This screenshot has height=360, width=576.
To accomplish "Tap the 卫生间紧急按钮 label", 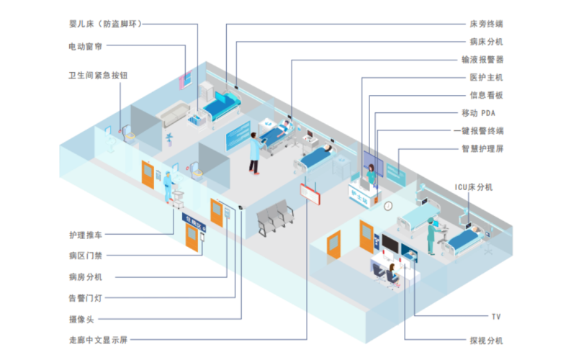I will [x=97, y=75].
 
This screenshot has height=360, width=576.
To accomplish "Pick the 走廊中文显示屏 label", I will [x=97, y=339].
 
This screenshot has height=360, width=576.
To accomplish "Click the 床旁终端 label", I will [x=486, y=24].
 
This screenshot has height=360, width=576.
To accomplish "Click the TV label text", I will [x=495, y=317].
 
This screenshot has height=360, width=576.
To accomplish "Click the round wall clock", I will [x=388, y=206].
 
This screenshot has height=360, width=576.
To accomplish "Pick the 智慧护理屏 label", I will [x=482, y=150].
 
